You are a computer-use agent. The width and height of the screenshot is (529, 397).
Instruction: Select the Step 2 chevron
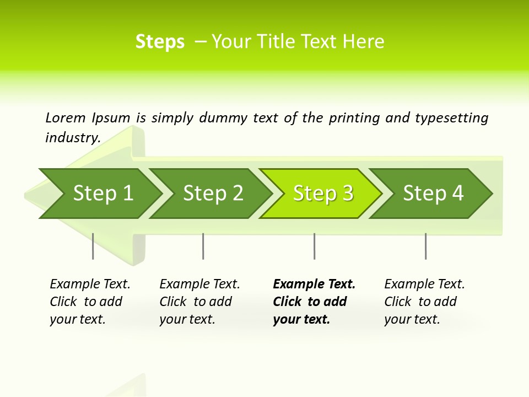click(213, 194)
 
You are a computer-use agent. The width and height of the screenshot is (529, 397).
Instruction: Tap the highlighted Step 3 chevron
click(323, 194)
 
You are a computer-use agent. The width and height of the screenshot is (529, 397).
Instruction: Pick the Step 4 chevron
click(433, 194)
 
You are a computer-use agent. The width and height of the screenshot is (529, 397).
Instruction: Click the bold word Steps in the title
click(160, 42)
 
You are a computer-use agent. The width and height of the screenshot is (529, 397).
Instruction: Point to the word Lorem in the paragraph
click(65, 117)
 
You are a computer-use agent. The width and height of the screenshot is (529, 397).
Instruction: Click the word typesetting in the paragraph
click(451, 117)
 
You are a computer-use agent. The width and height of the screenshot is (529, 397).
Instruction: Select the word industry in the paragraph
click(72, 137)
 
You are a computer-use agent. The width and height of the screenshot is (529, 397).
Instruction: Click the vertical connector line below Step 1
click(93, 246)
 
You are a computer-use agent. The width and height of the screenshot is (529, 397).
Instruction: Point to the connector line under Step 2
click(203, 246)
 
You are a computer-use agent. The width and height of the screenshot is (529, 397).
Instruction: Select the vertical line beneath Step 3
click(315, 246)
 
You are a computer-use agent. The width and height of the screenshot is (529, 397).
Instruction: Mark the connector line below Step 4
click(426, 246)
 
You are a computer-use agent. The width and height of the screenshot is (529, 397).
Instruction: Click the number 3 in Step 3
click(347, 194)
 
